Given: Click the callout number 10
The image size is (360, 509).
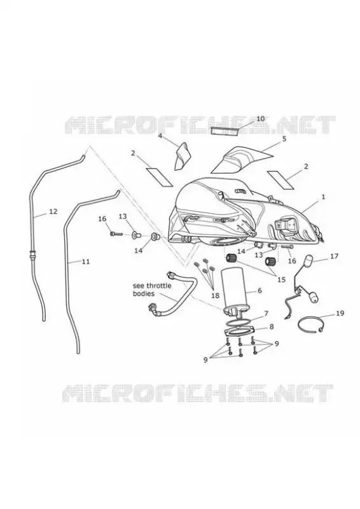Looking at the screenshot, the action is (x=261, y=118).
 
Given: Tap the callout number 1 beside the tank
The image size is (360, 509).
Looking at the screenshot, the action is (x=323, y=197).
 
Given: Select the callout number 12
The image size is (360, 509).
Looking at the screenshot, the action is (x=53, y=211).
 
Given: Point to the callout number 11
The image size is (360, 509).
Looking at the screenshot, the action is (x=86, y=261).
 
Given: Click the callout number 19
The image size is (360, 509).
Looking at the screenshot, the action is (x=340, y=313).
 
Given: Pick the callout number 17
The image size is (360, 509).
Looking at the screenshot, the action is (x=334, y=256).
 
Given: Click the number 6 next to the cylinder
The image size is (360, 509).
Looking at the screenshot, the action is (x=260, y=291).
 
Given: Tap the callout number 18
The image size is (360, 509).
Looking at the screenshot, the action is (x=215, y=296).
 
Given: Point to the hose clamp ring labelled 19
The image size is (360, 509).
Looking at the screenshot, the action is (x=310, y=325).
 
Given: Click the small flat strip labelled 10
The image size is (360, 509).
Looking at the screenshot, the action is (x=225, y=130).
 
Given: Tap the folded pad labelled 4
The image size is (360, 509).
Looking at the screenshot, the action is (x=181, y=156).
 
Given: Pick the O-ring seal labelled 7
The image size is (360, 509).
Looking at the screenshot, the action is (x=239, y=322).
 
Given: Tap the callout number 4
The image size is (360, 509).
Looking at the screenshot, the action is (x=160, y=136).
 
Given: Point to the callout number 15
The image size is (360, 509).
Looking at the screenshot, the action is (x=281, y=279).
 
